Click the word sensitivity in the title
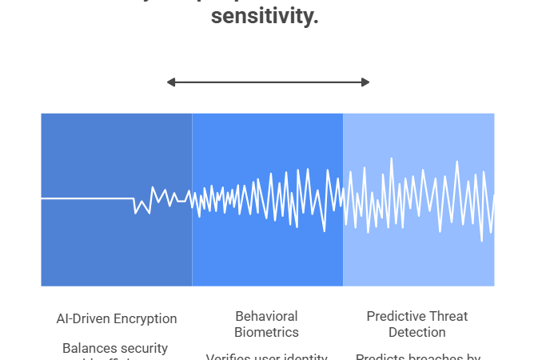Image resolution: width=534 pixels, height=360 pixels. pyautogui.click(x=265, y=15)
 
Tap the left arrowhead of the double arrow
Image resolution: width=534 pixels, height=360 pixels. pyautogui.click(x=170, y=82)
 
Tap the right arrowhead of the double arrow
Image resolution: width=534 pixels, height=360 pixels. pyautogui.click(x=365, y=82)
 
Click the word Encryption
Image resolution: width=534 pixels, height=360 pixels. pyautogui.click(x=144, y=318)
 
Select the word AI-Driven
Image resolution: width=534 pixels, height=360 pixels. pyautogui.click(x=83, y=318)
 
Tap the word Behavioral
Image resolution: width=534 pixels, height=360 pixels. pyautogui.click(x=266, y=317)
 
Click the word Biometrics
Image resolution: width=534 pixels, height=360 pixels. pyautogui.click(x=266, y=332)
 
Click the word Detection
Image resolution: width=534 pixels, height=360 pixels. pyautogui.click(x=416, y=332)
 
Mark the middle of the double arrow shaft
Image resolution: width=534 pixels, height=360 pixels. pyautogui.click(x=268, y=82)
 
